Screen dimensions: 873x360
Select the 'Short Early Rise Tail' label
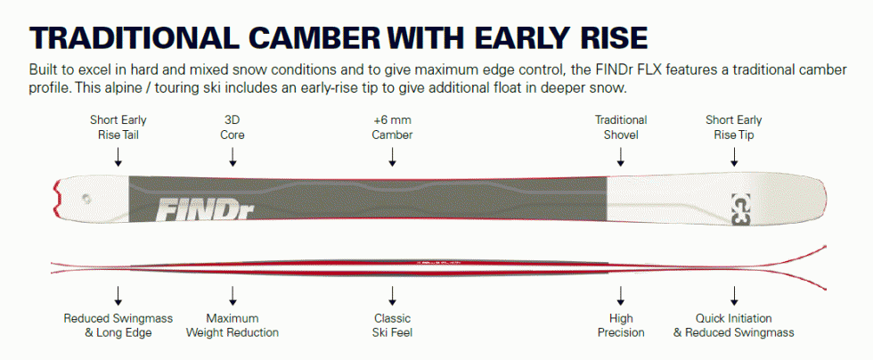click(118, 127)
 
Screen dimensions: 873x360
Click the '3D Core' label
click(233, 127)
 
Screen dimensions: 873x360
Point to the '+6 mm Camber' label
click(393, 127)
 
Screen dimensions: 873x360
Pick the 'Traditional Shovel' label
click(620, 127)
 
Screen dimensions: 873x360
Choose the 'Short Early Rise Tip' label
click(734, 127)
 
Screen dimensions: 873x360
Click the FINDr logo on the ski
click(204, 210)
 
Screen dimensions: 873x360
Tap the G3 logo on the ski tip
click(740, 209)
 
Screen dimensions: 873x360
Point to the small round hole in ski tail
click(86, 198)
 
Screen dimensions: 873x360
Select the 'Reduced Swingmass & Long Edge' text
click(118, 325)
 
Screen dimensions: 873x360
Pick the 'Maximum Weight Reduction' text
click(233, 325)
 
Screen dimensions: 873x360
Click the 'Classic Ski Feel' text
click(393, 325)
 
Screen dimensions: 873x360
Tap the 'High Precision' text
click(621, 325)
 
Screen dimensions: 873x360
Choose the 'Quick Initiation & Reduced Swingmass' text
click(734, 325)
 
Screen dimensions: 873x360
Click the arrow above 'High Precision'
click(620, 296)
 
